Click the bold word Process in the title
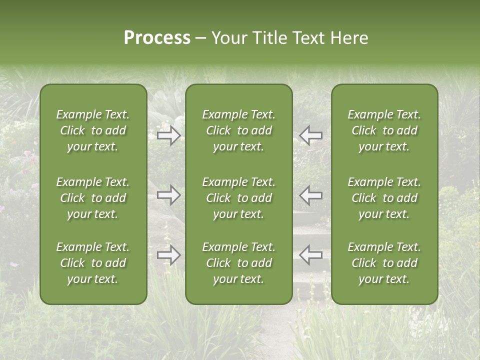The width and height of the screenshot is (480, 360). click(x=157, y=38)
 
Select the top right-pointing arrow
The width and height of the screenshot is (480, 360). click(x=169, y=135)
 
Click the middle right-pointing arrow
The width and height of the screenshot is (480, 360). click(x=169, y=195)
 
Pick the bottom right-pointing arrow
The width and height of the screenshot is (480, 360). click(x=169, y=255)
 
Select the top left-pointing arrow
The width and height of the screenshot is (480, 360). click(x=311, y=135)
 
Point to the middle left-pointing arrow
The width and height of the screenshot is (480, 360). click(x=311, y=195)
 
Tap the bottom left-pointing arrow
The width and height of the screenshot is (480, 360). click(x=311, y=254)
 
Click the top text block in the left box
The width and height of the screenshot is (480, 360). click(x=93, y=130)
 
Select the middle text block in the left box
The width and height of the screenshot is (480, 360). click(x=93, y=198)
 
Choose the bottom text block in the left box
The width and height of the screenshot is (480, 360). click(x=93, y=263)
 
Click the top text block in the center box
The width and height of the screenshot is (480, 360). click(x=239, y=130)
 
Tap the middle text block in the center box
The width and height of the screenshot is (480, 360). click(x=239, y=198)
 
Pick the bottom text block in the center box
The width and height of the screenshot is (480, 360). click(x=239, y=263)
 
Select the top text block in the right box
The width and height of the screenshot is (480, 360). click(x=384, y=130)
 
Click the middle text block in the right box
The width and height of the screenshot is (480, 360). click(x=384, y=198)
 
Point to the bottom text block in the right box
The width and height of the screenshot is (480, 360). click(x=384, y=263)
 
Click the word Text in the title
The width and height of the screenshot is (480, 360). click(x=307, y=38)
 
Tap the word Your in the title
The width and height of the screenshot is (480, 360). click(x=228, y=38)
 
